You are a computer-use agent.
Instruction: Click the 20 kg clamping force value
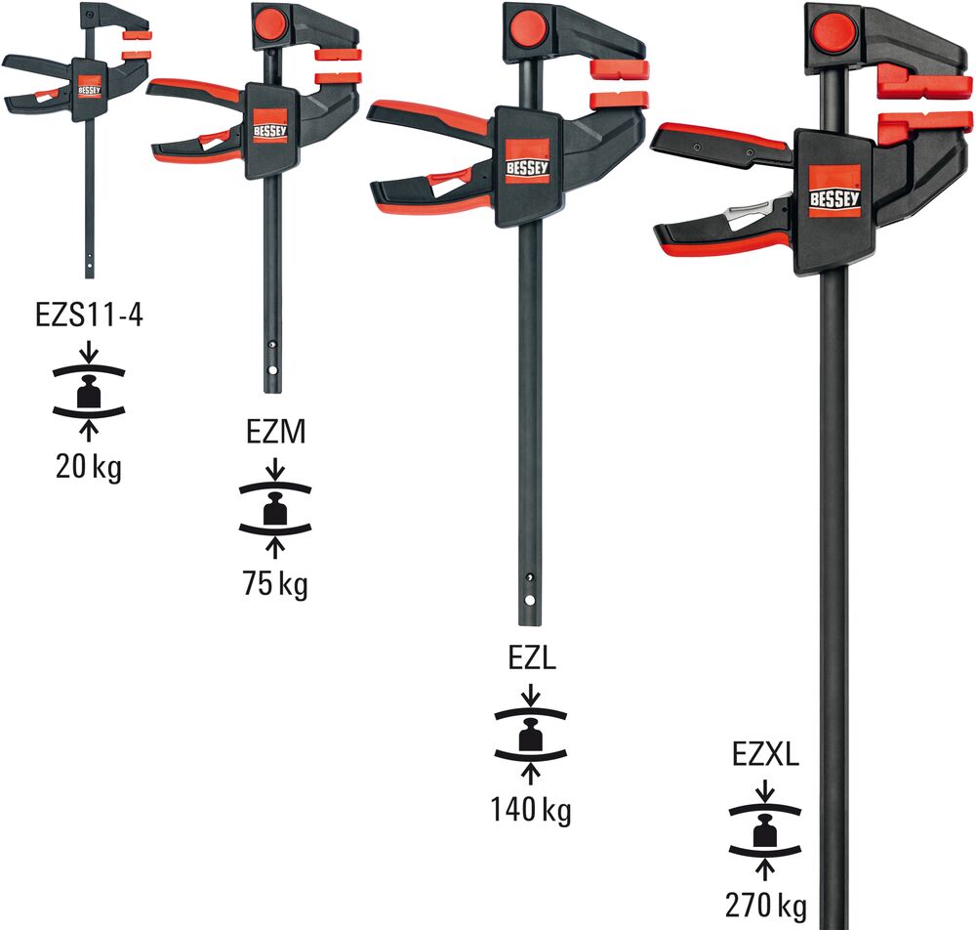click(89, 468)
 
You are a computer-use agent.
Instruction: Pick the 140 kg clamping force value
click(532, 810)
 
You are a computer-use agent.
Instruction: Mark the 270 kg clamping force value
click(766, 905)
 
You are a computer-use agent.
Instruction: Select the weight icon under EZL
click(532, 734)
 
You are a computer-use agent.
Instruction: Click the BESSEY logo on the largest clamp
click(834, 190)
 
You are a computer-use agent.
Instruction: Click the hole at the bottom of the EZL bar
click(529, 601)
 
